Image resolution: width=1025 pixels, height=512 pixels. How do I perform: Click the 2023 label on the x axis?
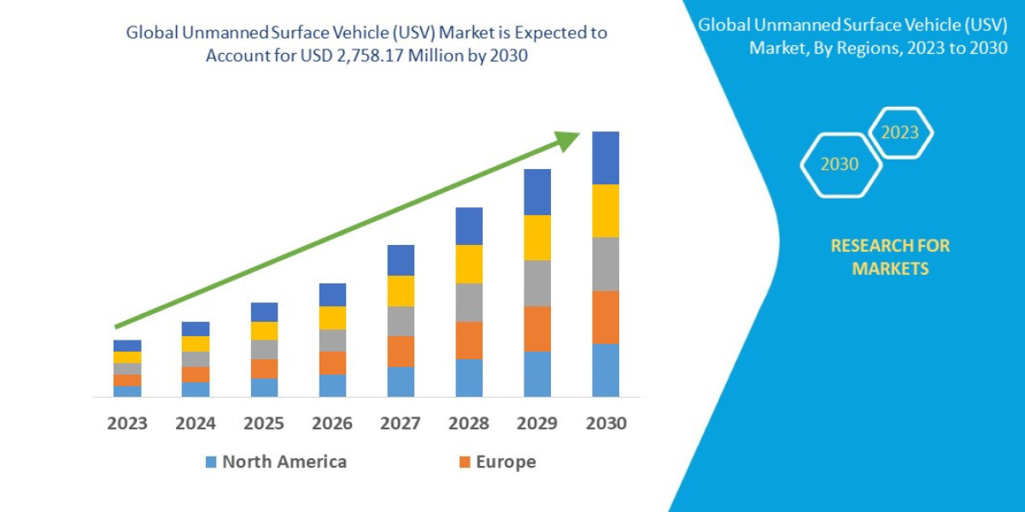pyautogui.click(x=127, y=423)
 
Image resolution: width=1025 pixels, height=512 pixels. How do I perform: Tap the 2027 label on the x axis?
pyautogui.click(x=401, y=423)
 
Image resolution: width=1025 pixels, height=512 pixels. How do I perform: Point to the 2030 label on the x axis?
pyautogui.click(x=606, y=423)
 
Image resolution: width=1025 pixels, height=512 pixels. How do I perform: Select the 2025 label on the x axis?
pyautogui.click(x=264, y=423)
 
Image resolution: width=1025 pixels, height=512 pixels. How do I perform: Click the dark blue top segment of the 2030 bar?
pyautogui.click(x=606, y=158)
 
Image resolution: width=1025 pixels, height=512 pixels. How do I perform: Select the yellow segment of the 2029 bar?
pyautogui.click(x=537, y=237)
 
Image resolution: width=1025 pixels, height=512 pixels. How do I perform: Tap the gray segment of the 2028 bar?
pyautogui.click(x=469, y=302)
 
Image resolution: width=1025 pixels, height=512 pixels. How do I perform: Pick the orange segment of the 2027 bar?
pyautogui.click(x=401, y=351)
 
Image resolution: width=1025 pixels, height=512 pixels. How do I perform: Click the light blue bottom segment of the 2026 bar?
pyautogui.click(x=332, y=386)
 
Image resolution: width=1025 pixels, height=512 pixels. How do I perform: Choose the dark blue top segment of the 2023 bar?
pyautogui.click(x=127, y=346)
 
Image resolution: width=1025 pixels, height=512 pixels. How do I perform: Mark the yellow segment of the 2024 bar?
pyautogui.click(x=196, y=344)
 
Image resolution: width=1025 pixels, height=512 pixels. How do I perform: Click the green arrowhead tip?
pyautogui.click(x=577, y=136)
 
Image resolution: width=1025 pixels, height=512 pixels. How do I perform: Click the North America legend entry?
pyautogui.click(x=275, y=462)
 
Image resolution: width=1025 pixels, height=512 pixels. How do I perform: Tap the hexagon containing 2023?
pyautogui.click(x=900, y=133)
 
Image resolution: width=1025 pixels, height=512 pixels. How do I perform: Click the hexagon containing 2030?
pyautogui.click(x=840, y=165)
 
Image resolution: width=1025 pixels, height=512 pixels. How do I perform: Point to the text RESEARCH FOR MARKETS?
pyautogui.click(x=890, y=257)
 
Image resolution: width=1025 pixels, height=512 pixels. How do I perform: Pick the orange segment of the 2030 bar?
pyautogui.click(x=606, y=317)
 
